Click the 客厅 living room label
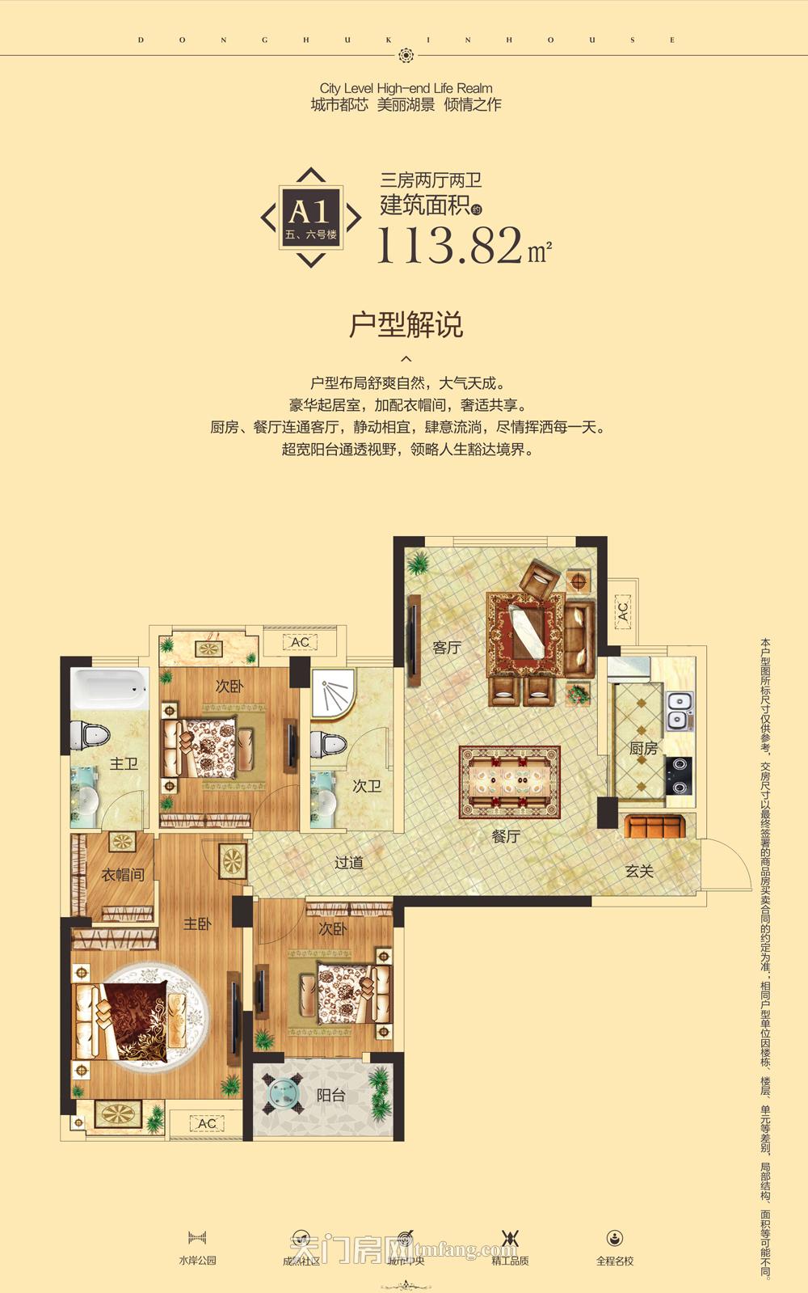click(447, 648)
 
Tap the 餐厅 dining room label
click(506, 837)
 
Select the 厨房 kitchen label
click(643, 749)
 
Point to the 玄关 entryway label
click(639, 872)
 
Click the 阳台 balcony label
click(330, 1096)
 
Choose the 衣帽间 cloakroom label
click(123, 875)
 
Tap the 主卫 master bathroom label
click(124, 763)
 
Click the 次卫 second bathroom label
click(367, 786)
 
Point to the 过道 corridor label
click(349, 863)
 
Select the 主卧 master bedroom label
click(197, 923)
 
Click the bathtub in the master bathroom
click(109, 689)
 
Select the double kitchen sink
click(679, 710)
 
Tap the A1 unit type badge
click(310, 217)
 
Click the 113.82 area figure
click(450, 245)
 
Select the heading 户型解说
click(406, 325)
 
